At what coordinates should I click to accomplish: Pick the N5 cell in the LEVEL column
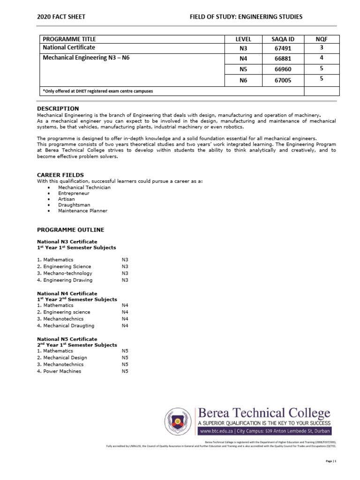242,69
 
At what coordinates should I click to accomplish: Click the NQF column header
322,39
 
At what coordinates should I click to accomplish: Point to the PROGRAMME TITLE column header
69,39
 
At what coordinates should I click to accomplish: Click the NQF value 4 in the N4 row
322,58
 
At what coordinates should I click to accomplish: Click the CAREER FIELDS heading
60,175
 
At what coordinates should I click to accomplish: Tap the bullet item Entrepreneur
74,193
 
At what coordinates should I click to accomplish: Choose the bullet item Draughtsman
74,205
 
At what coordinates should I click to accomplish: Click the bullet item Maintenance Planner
82,211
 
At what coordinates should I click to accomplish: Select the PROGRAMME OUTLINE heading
70,230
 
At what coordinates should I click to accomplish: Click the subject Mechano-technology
67,273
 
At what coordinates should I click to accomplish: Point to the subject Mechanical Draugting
68,325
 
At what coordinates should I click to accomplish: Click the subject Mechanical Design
65,358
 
